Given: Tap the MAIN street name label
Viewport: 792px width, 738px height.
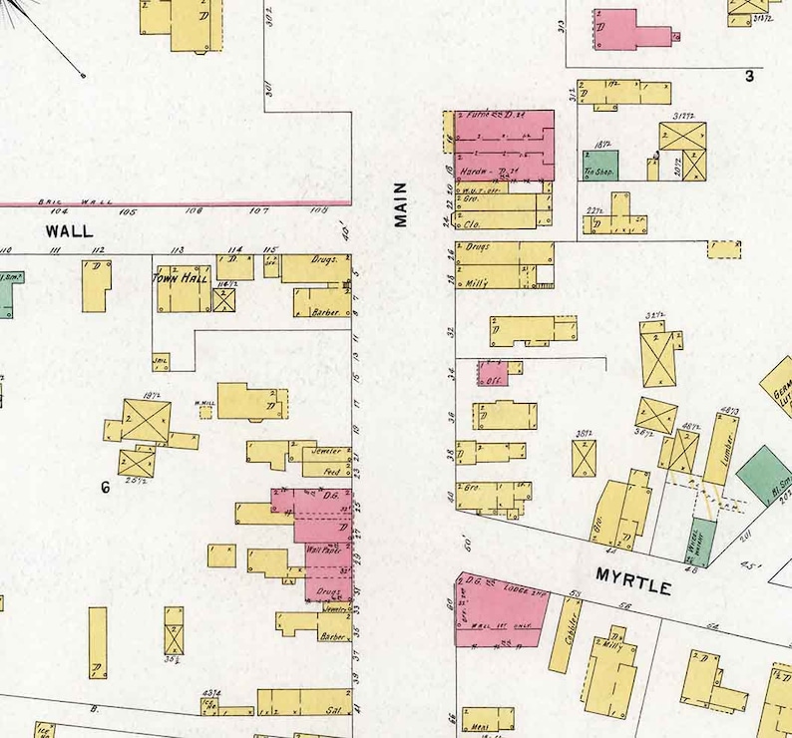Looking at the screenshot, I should click(x=401, y=203).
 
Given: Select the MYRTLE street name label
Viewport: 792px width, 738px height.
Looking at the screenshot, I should click(x=632, y=581).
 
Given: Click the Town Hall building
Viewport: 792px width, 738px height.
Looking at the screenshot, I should click(x=182, y=287).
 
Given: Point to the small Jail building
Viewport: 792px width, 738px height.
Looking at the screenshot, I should click(x=160, y=361).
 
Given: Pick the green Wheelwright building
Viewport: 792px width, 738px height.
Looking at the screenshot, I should click(x=701, y=544).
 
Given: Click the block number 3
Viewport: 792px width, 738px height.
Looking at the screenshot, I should click(x=749, y=76).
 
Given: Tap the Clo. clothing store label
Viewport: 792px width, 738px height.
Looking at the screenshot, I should click(x=473, y=212).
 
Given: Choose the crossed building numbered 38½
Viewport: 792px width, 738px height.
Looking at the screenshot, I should click(x=584, y=458).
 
